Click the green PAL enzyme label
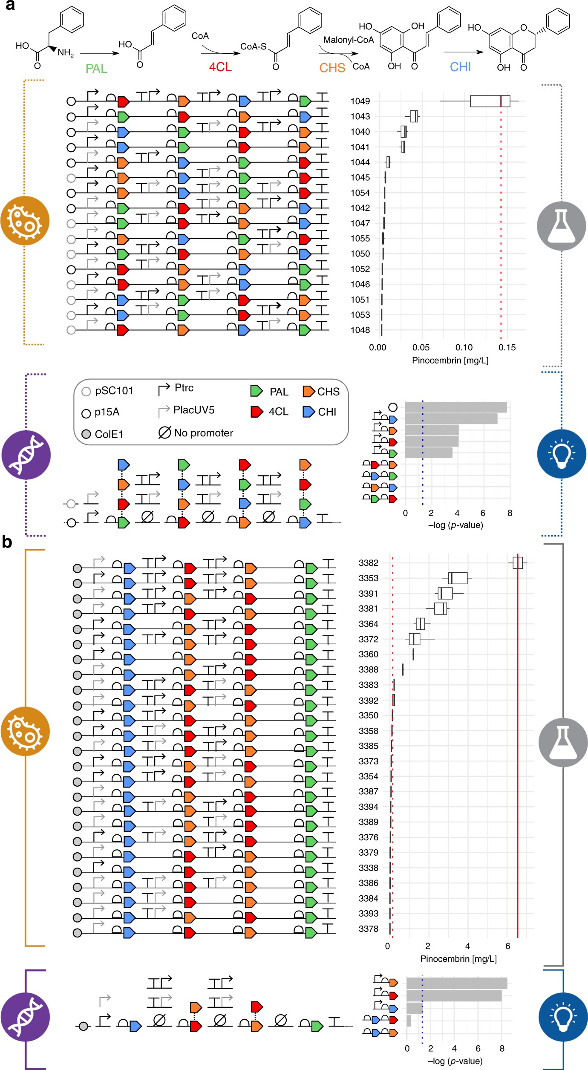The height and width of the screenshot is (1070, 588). (96, 69)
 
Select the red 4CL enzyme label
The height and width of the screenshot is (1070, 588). (220, 67)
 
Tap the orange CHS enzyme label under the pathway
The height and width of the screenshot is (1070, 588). (332, 68)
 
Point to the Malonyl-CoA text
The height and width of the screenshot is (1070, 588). (348, 40)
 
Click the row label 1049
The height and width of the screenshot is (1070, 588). (360, 101)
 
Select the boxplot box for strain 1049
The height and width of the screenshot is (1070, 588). (490, 101)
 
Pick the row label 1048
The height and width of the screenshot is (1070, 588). (360, 330)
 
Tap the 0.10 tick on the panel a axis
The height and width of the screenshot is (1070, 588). (464, 348)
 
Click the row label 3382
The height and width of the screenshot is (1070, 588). (368, 563)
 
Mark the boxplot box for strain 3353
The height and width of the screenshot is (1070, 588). (458, 578)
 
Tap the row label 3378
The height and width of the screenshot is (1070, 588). (368, 929)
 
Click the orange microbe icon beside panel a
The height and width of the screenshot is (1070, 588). (25, 221)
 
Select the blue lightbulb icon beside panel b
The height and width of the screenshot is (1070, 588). (563, 1016)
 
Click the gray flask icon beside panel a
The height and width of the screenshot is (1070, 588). (561, 226)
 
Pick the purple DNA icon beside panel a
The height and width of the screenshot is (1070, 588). (26, 455)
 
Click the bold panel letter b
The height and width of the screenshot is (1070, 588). (7, 542)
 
